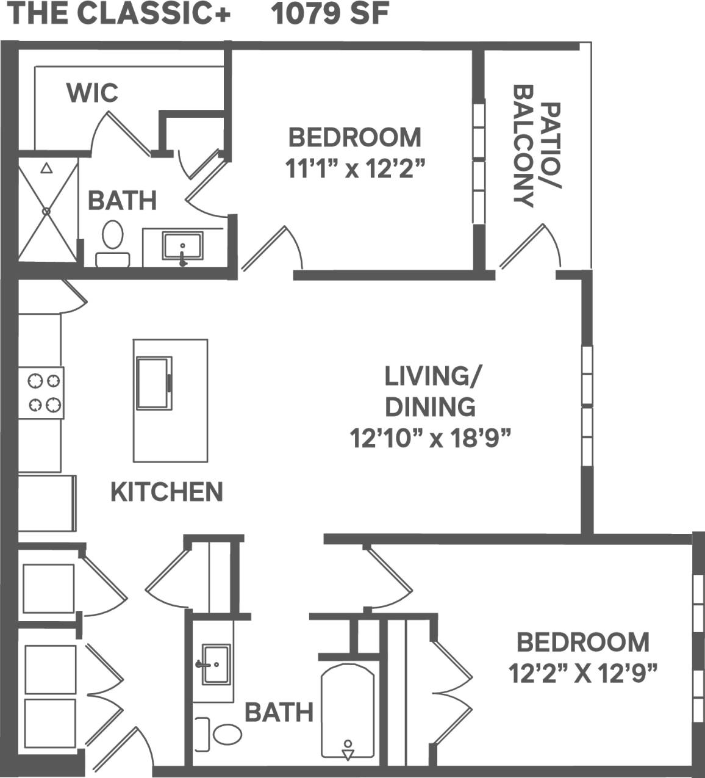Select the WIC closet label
[92, 93]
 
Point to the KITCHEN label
[166, 492]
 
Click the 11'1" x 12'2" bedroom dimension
[354, 169]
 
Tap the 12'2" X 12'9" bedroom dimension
[582, 674]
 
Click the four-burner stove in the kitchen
[41, 392]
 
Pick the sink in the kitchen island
[154, 383]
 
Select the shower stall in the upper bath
[48, 210]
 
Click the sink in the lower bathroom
[215, 665]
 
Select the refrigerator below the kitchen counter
[46, 503]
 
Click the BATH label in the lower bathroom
[279, 712]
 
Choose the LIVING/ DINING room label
[429, 391]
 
